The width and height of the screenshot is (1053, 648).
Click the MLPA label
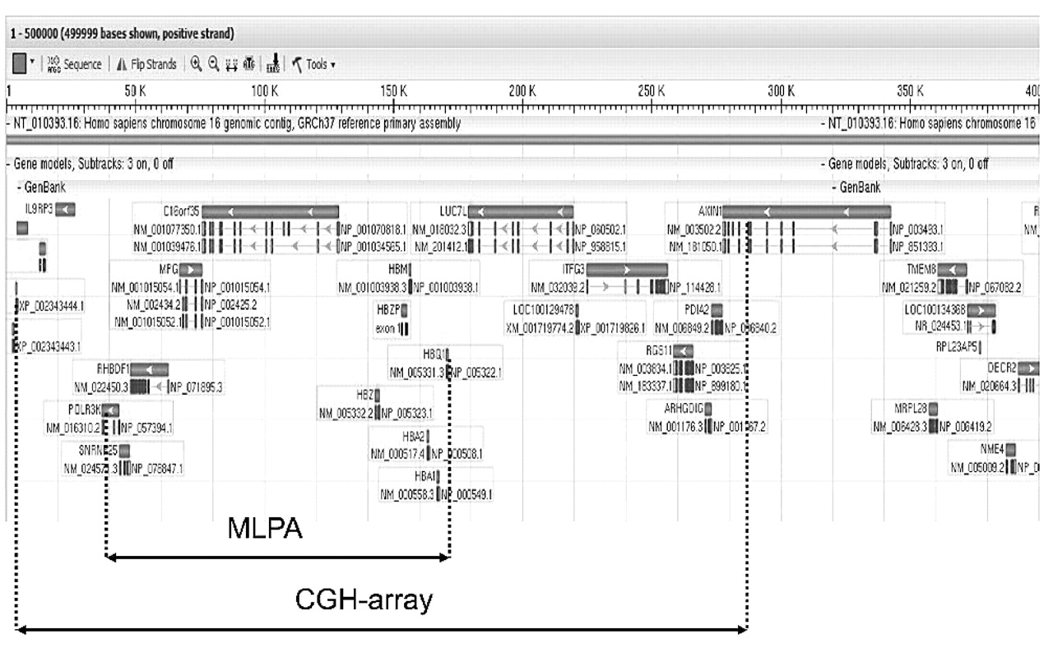point(265,530)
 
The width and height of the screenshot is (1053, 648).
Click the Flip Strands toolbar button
point(148,63)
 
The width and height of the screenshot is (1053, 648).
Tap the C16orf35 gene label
point(181,211)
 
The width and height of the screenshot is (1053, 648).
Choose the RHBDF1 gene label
point(113,368)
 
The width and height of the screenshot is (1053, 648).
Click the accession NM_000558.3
point(408,494)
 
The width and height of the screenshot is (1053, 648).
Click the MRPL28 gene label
point(910,408)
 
